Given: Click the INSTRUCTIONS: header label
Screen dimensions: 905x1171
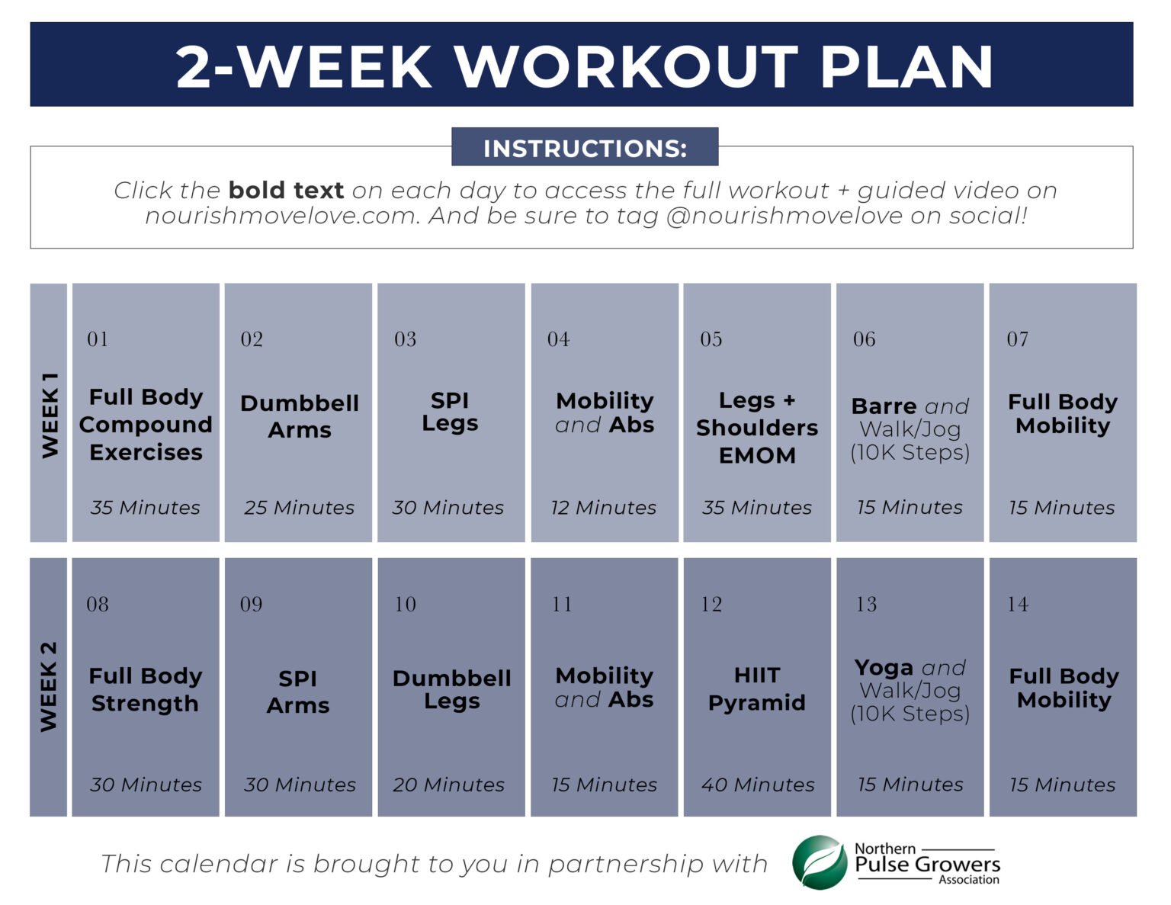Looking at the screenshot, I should [585, 148].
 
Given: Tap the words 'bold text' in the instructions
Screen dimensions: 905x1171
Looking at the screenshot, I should [286, 190].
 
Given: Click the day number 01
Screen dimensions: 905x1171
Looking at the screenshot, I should [98, 339].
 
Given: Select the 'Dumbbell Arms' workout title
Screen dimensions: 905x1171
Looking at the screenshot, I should [299, 416].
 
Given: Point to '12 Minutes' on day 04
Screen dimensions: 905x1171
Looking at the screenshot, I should [604, 508].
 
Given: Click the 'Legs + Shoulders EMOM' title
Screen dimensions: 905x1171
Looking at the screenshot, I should [757, 428].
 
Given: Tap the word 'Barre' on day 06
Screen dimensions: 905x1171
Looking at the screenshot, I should [884, 406].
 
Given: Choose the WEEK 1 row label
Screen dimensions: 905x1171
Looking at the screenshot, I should [50, 415].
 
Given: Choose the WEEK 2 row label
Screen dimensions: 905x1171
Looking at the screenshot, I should [49, 687].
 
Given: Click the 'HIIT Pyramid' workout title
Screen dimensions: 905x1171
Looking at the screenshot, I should [757, 689].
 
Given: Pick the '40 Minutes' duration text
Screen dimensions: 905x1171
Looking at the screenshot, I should [757, 785].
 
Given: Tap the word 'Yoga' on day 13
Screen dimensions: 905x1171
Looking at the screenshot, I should [884, 668].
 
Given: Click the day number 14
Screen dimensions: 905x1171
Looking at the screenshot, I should [1018, 605].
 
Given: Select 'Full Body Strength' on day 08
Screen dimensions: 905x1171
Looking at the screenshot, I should [146, 689].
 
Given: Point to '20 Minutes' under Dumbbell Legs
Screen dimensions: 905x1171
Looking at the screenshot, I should [448, 785].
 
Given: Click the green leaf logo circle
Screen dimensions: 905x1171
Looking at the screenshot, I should [820, 863].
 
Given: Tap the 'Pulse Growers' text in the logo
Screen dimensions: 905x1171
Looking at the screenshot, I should [927, 865].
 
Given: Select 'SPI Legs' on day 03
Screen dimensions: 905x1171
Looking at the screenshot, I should [450, 412].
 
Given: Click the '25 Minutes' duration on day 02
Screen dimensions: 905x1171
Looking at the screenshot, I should [299, 508].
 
